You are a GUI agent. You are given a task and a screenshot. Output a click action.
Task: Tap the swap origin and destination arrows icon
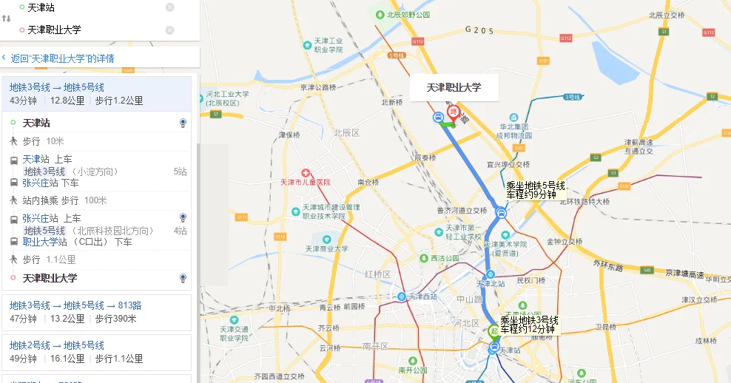pyautogui.click(x=7, y=18)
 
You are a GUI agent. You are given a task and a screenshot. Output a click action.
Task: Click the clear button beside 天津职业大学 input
pyautogui.click(x=170, y=30)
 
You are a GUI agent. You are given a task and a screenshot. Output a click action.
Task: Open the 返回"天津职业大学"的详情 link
pyautogui.click(x=62, y=58)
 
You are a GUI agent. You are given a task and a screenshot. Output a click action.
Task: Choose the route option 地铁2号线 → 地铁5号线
pyautogui.click(x=57, y=345)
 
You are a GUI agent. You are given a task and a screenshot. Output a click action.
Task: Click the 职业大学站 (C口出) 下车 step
pyautogui.click(x=77, y=242)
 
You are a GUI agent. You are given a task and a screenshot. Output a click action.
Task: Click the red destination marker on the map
pyautogui.click(x=454, y=113)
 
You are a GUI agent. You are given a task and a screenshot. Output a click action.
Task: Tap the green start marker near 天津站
pyautogui.click(x=493, y=331)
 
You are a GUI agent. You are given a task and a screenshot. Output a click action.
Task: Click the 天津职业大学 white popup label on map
pyautogui.click(x=454, y=88)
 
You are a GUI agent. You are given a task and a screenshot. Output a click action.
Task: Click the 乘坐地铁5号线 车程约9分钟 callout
pyautogui.click(x=535, y=190)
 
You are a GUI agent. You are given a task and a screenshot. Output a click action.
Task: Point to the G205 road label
pyautogui.click(x=479, y=30)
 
